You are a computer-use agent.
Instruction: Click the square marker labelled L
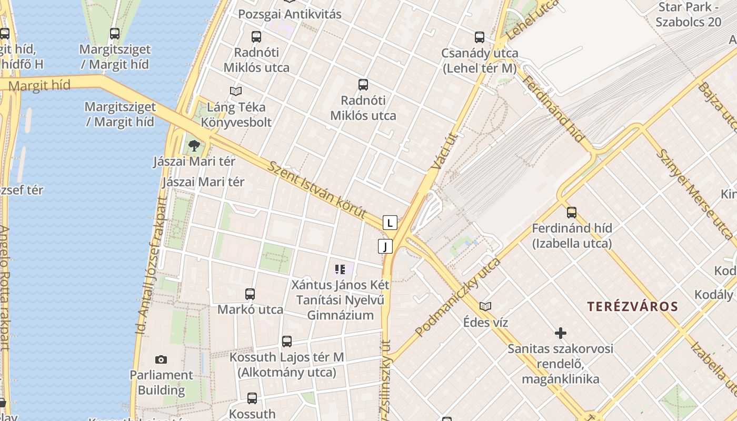coord(390,223)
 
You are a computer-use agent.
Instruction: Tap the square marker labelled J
coord(385,246)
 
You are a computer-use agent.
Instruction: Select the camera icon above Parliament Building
coord(161,360)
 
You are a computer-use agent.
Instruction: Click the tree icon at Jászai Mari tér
coord(194,146)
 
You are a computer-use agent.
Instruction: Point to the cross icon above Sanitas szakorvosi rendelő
coord(561,333)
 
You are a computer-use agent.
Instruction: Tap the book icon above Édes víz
coord(485,306)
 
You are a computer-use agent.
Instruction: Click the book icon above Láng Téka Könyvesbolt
coord(236,91)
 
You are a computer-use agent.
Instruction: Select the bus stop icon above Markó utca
coord(250,294)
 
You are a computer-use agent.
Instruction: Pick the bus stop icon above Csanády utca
coord(480,37)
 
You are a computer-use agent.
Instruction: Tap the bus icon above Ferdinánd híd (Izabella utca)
coord(572,213)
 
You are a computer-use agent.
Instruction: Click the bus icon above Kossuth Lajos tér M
coord(287,342)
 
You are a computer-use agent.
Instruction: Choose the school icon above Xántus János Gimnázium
coord(340,270)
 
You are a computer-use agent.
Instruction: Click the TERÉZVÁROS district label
coord(632,306)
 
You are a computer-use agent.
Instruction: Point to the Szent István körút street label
coord(317,191)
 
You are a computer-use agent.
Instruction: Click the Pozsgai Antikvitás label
coord(290,14)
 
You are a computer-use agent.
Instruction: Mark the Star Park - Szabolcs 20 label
coord(688,15)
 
